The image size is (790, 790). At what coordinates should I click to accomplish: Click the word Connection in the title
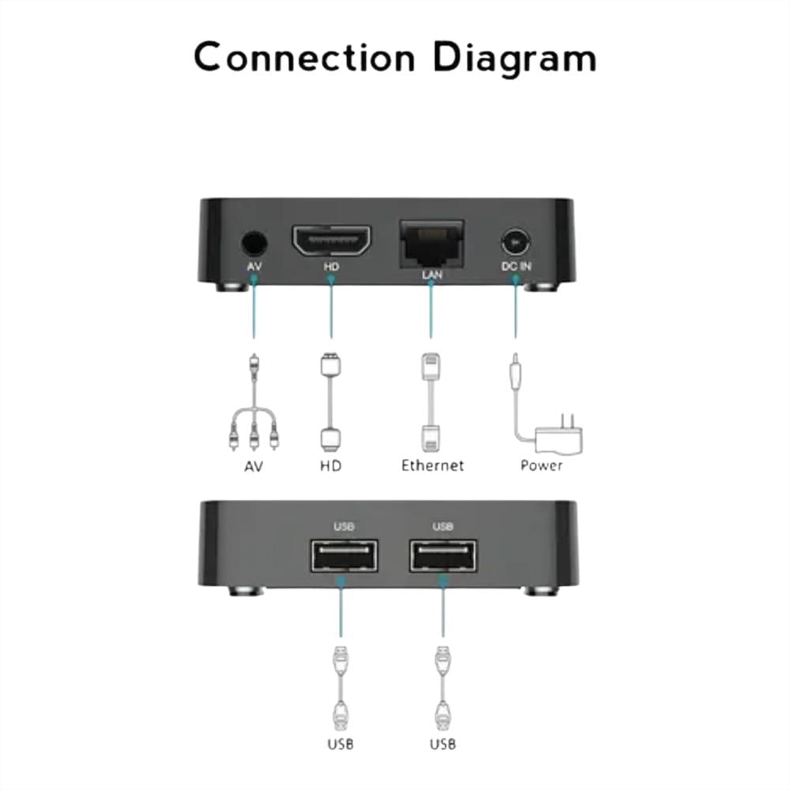(x=304, y=57)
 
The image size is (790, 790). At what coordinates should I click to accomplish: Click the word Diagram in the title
(x=514, y=59)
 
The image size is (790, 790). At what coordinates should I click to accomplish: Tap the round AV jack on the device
(x=254, y=244)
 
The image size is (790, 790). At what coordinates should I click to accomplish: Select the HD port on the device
(x=331, y=241)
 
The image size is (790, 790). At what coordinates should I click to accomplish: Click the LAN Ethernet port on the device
(x=432, y=243)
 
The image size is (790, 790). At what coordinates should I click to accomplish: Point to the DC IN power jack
(x=515, y=243)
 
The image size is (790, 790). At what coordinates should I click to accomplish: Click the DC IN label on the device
(x=516, y=266)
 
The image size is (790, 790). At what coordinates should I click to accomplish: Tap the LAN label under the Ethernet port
(x=432, y=275)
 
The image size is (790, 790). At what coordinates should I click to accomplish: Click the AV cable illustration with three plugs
(x=254, y=402)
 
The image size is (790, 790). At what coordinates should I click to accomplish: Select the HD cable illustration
(x=330, y=402)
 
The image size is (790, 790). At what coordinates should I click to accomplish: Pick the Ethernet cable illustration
(x=431, y=402)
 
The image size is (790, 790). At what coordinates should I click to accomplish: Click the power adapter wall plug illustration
(x=559, y=436)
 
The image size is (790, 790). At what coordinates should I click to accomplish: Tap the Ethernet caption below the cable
(x=432, y=465)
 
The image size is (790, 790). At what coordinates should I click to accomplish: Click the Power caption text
(x=542, y=465)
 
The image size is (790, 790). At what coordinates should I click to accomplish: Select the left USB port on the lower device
(x=344, y=555)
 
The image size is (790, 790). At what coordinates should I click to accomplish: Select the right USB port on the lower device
(x=443, y=555)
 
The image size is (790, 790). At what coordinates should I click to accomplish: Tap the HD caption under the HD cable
(x=330, y=466)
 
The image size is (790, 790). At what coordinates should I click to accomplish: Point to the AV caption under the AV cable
(x=254, y=467)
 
